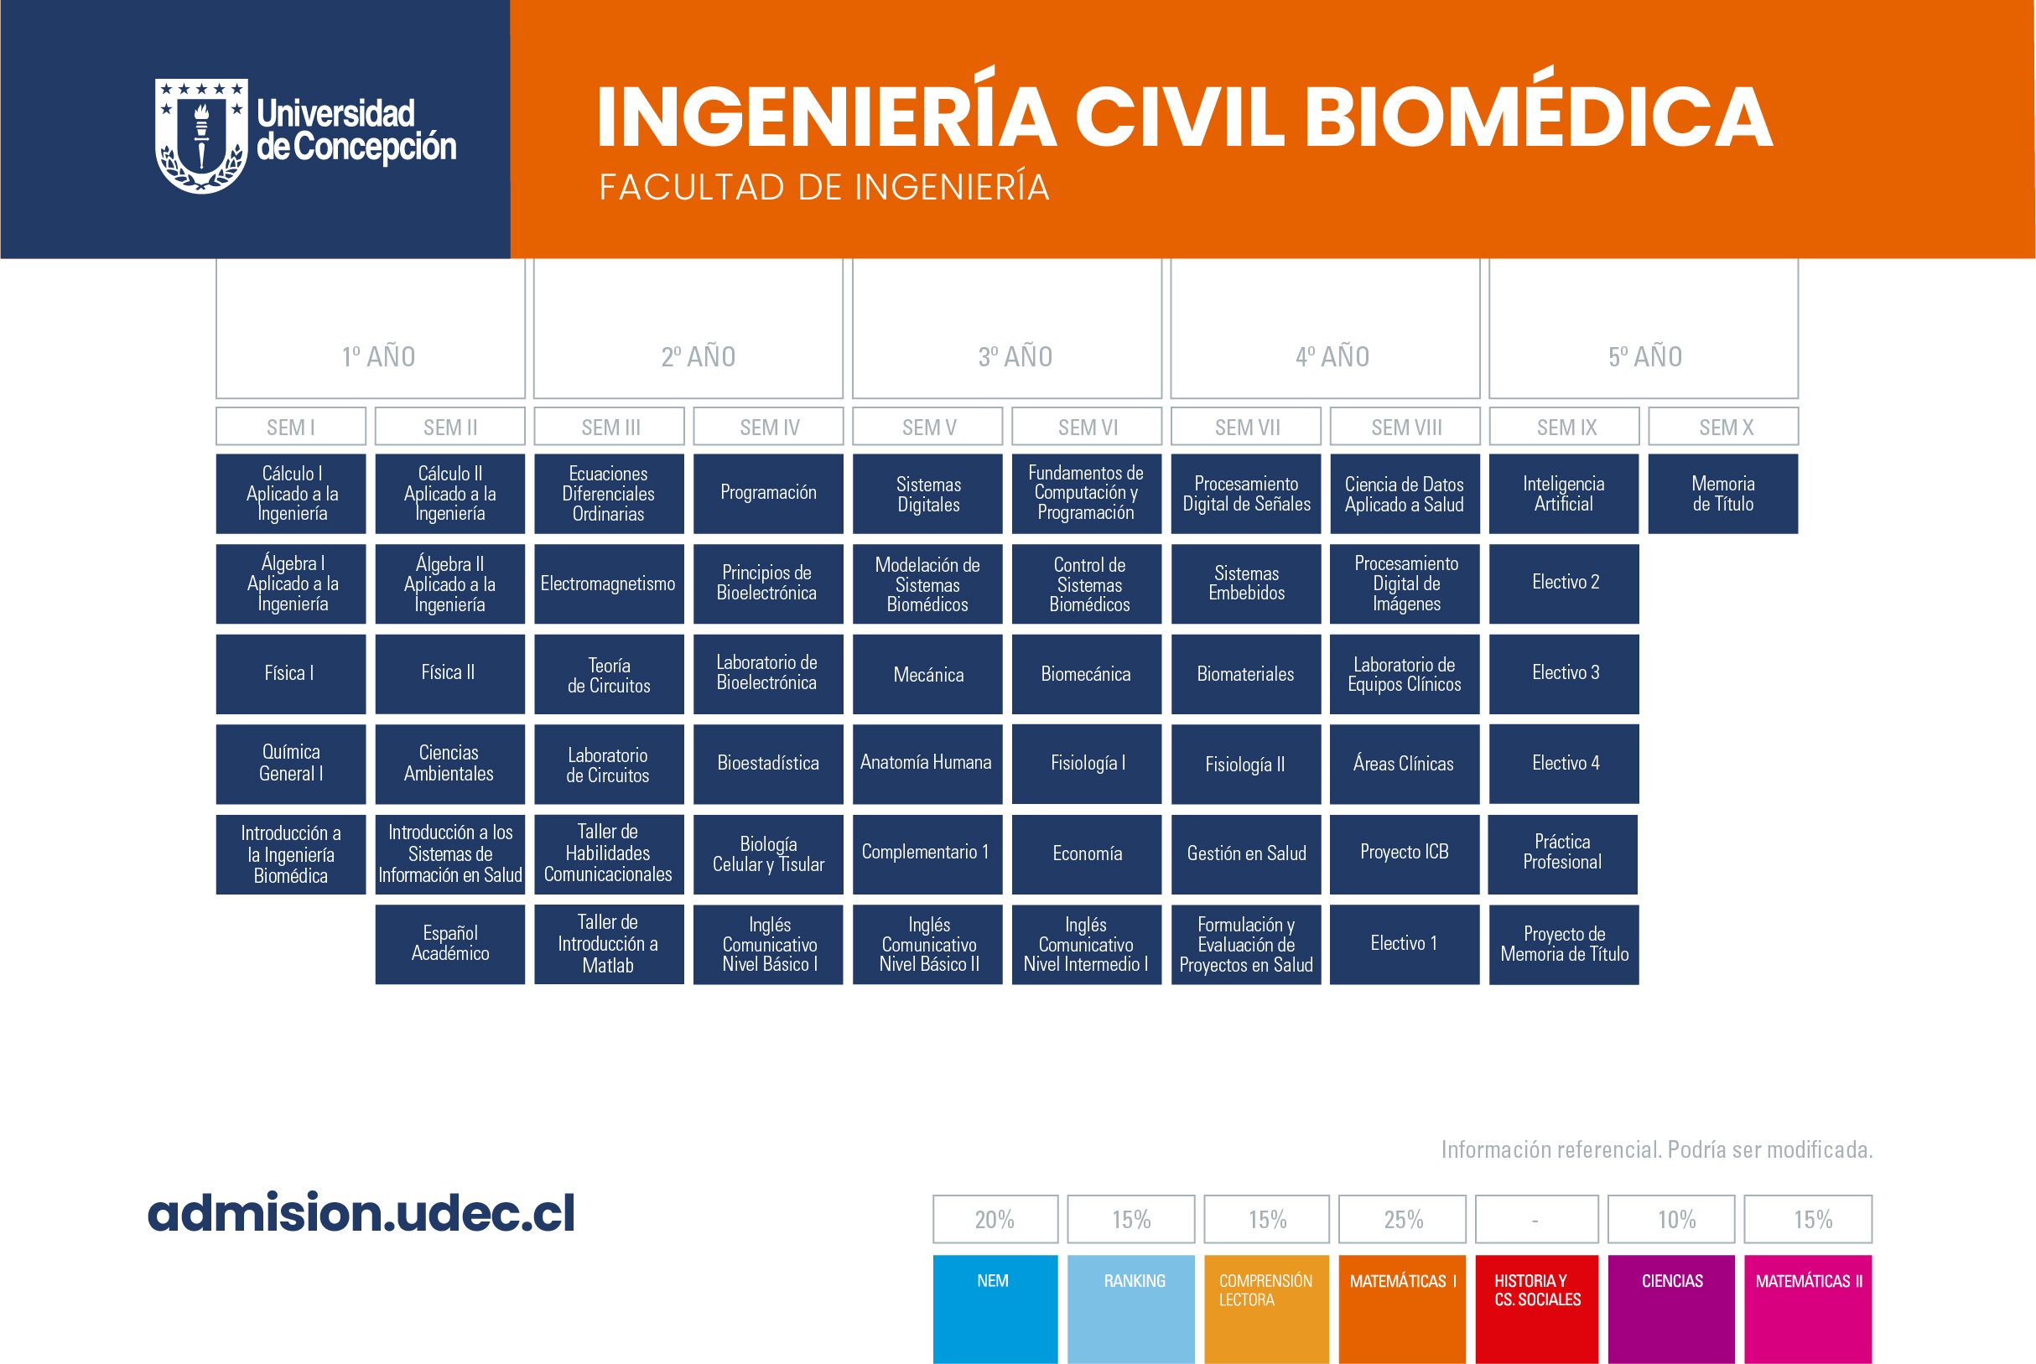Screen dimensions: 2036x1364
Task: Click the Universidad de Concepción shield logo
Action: point(201,136)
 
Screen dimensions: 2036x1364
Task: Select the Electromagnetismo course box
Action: point(609,583)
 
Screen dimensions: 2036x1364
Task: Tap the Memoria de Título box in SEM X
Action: point(1722,493)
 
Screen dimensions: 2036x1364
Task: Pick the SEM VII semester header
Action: point(1246,427)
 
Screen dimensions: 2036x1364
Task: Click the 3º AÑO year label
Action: point(1015,356)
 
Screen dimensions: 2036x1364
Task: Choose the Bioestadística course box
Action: point(768,764)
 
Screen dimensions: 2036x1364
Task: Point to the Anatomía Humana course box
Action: point(927,764)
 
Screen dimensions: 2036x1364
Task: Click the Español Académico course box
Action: point(449,945)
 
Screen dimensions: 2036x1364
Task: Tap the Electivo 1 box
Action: point(1405,945)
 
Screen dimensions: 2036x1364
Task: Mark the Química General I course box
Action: point(291,764)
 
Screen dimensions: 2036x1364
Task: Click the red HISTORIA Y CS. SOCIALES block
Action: point(1536,1310)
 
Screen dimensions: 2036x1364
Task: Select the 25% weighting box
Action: point(1403,1220)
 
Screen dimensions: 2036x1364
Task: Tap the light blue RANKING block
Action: point(1131,1310)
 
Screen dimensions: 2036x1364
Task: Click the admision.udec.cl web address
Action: point(361,1212)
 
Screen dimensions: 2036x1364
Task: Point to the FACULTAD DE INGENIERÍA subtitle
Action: point(824,187)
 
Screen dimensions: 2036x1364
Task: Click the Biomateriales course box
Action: point(1246,674)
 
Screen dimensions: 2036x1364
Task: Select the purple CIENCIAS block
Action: point(1671,1310)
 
